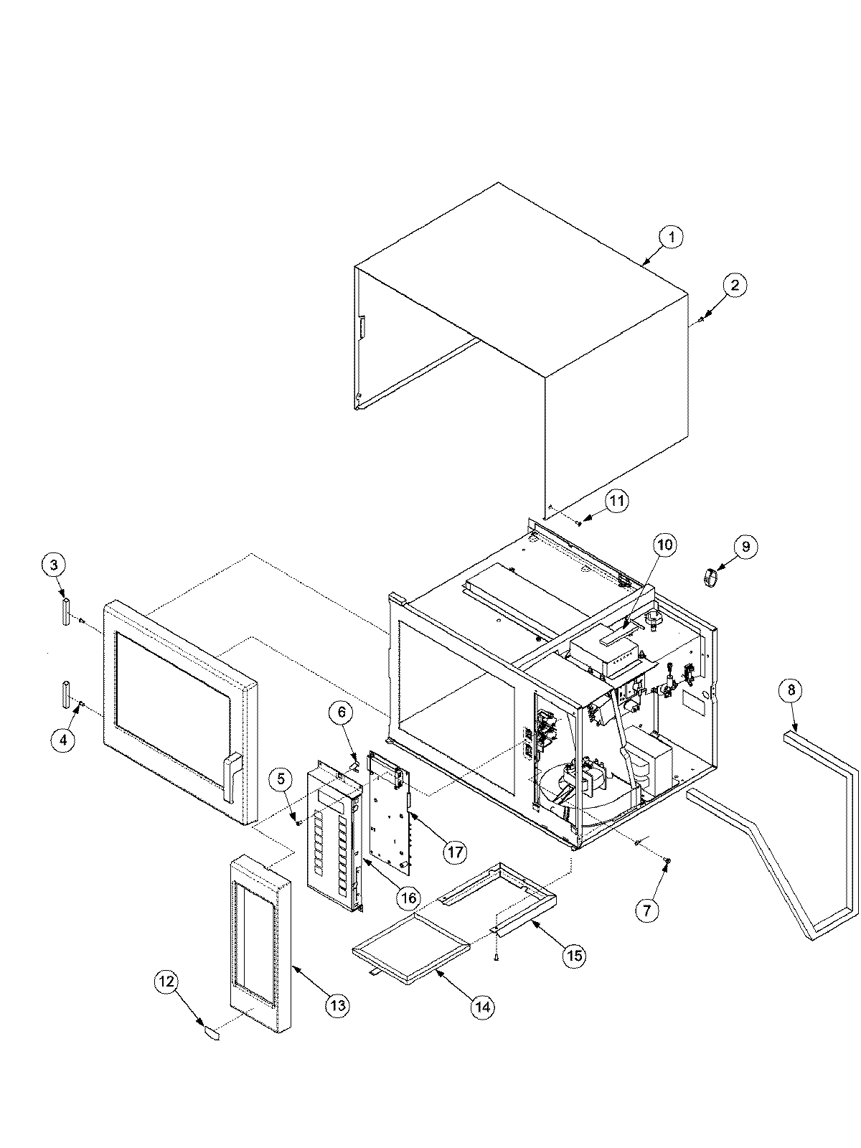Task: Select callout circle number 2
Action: pyautogui.click(x=734, y=285)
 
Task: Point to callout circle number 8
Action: pyautogui.click(x=790, y=691)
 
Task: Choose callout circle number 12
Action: pyautogui.click(x=166, y=984)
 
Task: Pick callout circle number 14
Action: pyautogui.click(x=483, y=1007)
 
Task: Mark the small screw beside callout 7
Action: pyautogui.click(x=667, y=860)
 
